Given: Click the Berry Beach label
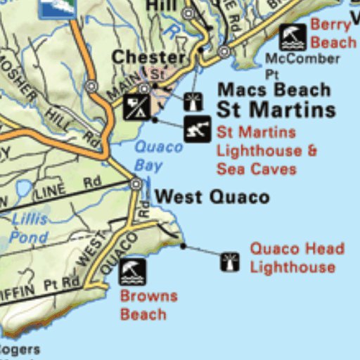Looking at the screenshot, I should [333, 33].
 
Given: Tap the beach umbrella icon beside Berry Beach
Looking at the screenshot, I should [292, 36].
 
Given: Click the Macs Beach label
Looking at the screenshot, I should [274, 90].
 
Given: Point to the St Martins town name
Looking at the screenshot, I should [276, 110].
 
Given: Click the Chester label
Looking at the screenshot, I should [148, 58].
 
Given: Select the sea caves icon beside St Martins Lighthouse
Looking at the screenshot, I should [198, 129].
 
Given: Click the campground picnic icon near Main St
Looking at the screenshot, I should [136, 107].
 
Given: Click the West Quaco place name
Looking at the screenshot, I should [211, 196].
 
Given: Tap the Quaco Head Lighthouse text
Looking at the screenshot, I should [297, 257].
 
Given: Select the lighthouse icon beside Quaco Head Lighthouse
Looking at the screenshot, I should [230, 262].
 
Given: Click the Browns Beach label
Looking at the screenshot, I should [148, 304].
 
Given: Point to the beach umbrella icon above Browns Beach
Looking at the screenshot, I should [132, 271].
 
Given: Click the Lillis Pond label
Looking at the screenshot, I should [30, 228].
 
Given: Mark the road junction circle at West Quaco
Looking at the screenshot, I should [136, 184].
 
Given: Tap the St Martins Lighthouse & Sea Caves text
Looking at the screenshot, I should [266, 150].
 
